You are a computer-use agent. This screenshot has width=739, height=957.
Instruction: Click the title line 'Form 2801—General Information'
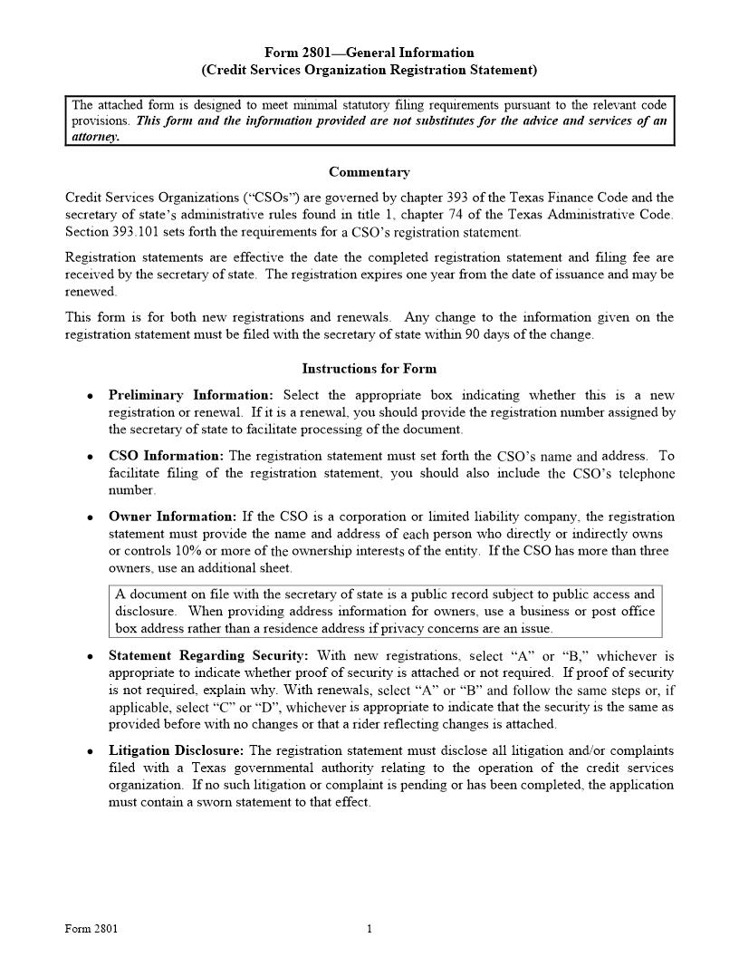(x=369, y=53)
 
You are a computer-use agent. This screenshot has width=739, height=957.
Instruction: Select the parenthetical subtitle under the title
(x=369, y=70)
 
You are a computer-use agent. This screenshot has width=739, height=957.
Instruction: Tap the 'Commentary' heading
(x=369, y=172)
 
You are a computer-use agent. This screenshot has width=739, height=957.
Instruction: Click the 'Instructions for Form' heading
(x=369, y=369)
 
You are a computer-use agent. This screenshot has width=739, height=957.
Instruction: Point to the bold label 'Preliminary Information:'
(x=190, y=395)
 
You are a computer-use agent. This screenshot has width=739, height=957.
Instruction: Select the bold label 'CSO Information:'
(x=166, y=456)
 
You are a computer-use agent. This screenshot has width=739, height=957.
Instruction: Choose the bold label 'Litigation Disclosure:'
(x=177, y=750)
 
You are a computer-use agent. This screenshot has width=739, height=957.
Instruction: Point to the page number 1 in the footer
(x=369, y=929)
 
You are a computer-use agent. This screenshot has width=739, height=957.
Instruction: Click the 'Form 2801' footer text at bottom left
(x=91, y=929)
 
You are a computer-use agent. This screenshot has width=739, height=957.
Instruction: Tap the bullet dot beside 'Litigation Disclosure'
(x=90, y=752)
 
